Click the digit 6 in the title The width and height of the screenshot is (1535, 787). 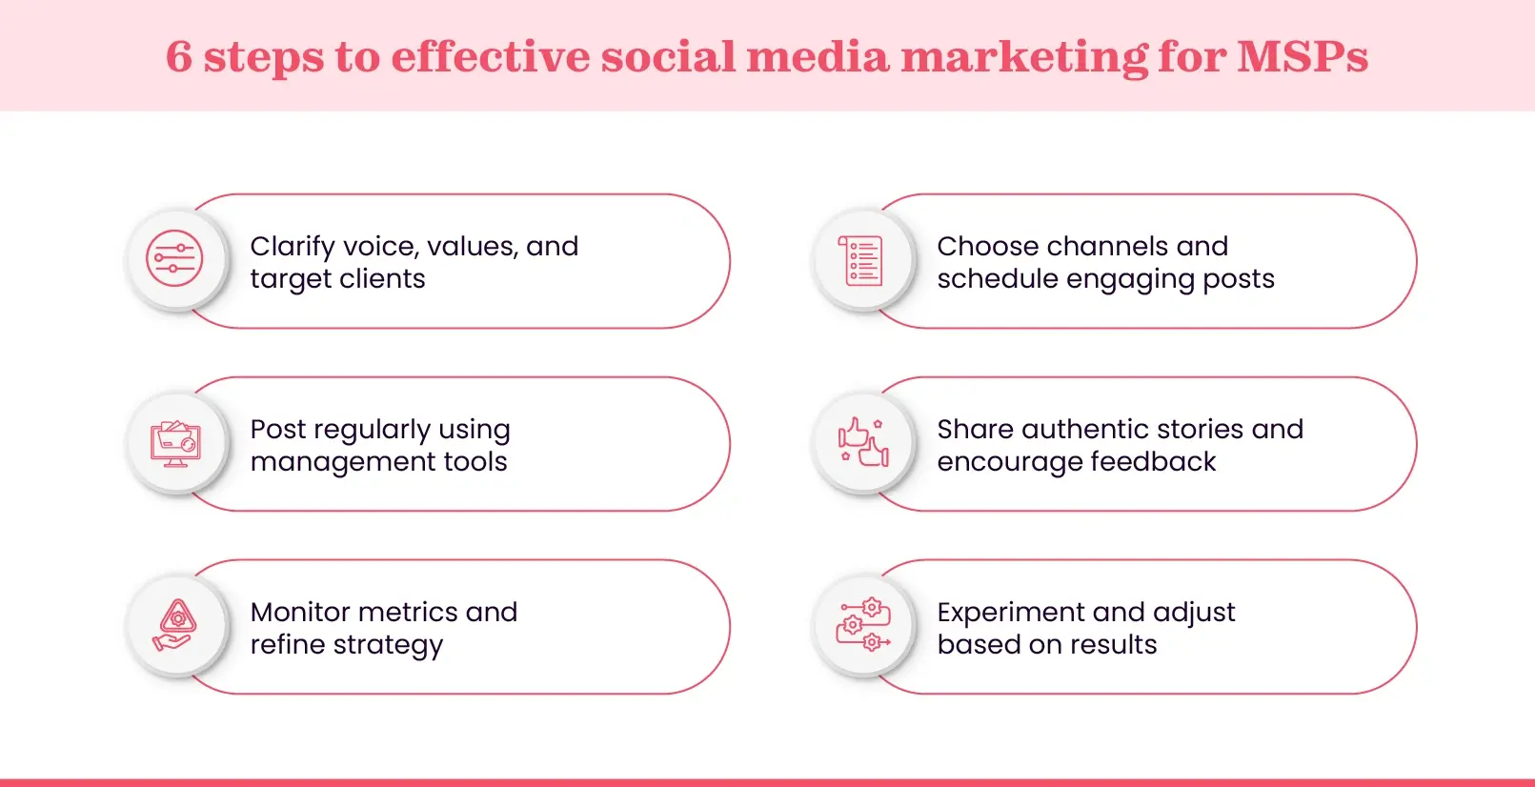tap(179, 57)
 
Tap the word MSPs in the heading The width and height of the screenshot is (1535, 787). tap(1303, 57)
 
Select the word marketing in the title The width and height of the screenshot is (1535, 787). tap(1024, 57)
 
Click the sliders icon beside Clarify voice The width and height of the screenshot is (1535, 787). tap(174, 258)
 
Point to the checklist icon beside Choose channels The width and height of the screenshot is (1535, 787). tap(862, 260)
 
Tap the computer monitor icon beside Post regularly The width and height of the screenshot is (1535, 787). tap(175, 443)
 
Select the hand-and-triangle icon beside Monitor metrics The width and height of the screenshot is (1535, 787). tap(175, 626)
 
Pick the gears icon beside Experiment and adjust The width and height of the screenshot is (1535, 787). tap(863, 626)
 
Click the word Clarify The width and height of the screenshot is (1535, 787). tap(293, 247)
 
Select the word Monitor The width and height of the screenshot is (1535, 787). tap(301, 612)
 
